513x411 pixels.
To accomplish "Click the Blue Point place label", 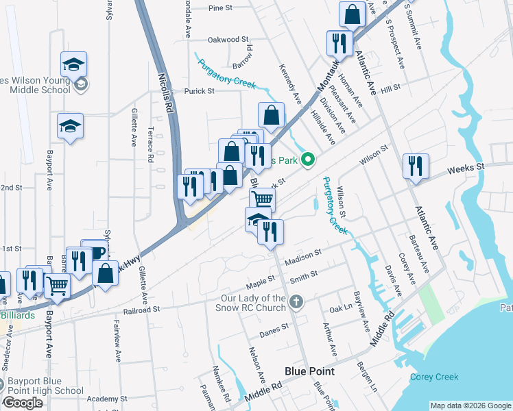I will point(309,371).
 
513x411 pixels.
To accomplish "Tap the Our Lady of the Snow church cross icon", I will point(296,302).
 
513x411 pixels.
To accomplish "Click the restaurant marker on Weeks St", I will point(416,166).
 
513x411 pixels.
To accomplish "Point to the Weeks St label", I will point(466,167).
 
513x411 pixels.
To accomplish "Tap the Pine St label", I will point(221,8).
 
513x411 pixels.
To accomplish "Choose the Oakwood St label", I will point(227,40).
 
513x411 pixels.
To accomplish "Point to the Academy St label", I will point(103,399).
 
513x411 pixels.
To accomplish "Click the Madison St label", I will point(302,254).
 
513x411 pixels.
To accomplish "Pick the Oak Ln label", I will point(339,310).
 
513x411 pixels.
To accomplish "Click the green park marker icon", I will point(309,161).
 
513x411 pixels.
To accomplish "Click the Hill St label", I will point(390,89).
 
